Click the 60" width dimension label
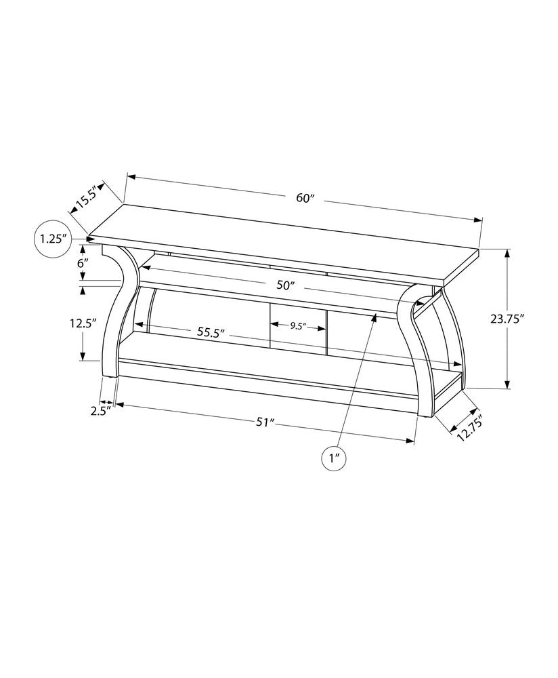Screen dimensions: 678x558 click(x=306, y=199)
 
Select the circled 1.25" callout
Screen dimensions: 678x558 click(x=53, y=239)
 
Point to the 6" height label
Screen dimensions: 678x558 click(x=83, y=262)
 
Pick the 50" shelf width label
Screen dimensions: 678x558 click(x=286, y=285)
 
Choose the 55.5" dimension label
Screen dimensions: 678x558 click(x=211, y=333)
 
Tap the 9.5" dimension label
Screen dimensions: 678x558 click(x=298, y=326)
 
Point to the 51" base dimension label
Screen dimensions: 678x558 click(x=264, y=422)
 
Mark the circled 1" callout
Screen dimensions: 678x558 click(x=333, y=459)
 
